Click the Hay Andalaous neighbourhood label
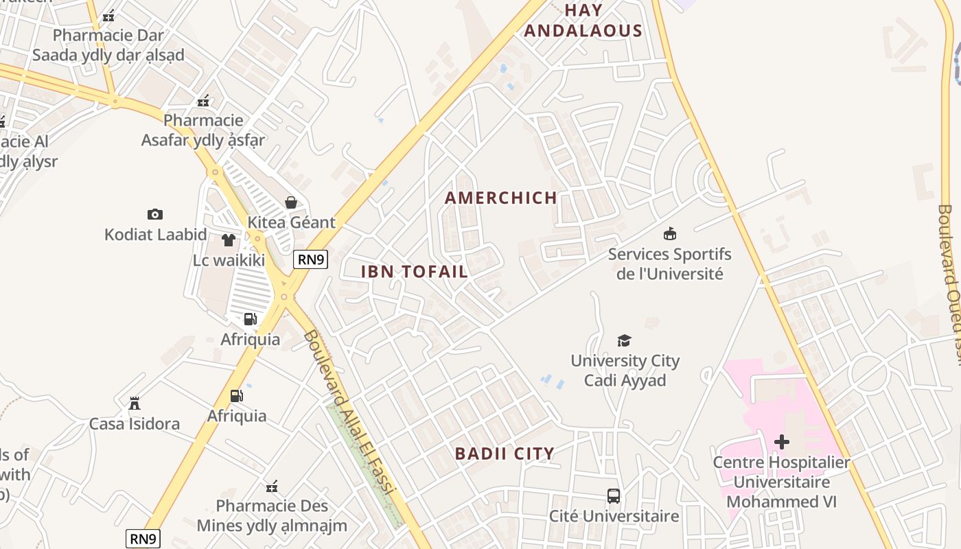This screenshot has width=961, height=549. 583,21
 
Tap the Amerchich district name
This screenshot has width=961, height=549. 501,198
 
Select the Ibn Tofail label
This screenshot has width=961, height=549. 415,272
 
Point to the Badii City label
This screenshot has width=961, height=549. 505,454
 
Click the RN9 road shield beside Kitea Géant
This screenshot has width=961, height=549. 311,259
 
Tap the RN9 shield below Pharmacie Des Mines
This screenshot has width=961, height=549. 143,539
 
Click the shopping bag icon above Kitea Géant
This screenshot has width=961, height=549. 291,202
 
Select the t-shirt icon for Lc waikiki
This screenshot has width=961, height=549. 229,240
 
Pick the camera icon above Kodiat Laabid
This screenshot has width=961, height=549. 155,214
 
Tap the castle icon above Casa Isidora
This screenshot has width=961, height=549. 135,403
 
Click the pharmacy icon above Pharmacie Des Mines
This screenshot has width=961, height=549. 272,487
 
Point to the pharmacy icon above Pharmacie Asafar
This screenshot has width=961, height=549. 202,101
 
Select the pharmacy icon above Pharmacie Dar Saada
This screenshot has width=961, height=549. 108,15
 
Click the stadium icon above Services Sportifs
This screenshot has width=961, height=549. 670,234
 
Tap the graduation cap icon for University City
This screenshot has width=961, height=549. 624,340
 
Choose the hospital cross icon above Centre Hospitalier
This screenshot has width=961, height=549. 781,442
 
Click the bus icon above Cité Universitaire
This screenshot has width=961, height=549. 614,495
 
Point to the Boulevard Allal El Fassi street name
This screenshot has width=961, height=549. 349,412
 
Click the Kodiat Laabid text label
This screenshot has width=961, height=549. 156,235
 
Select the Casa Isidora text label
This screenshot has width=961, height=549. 135,424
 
